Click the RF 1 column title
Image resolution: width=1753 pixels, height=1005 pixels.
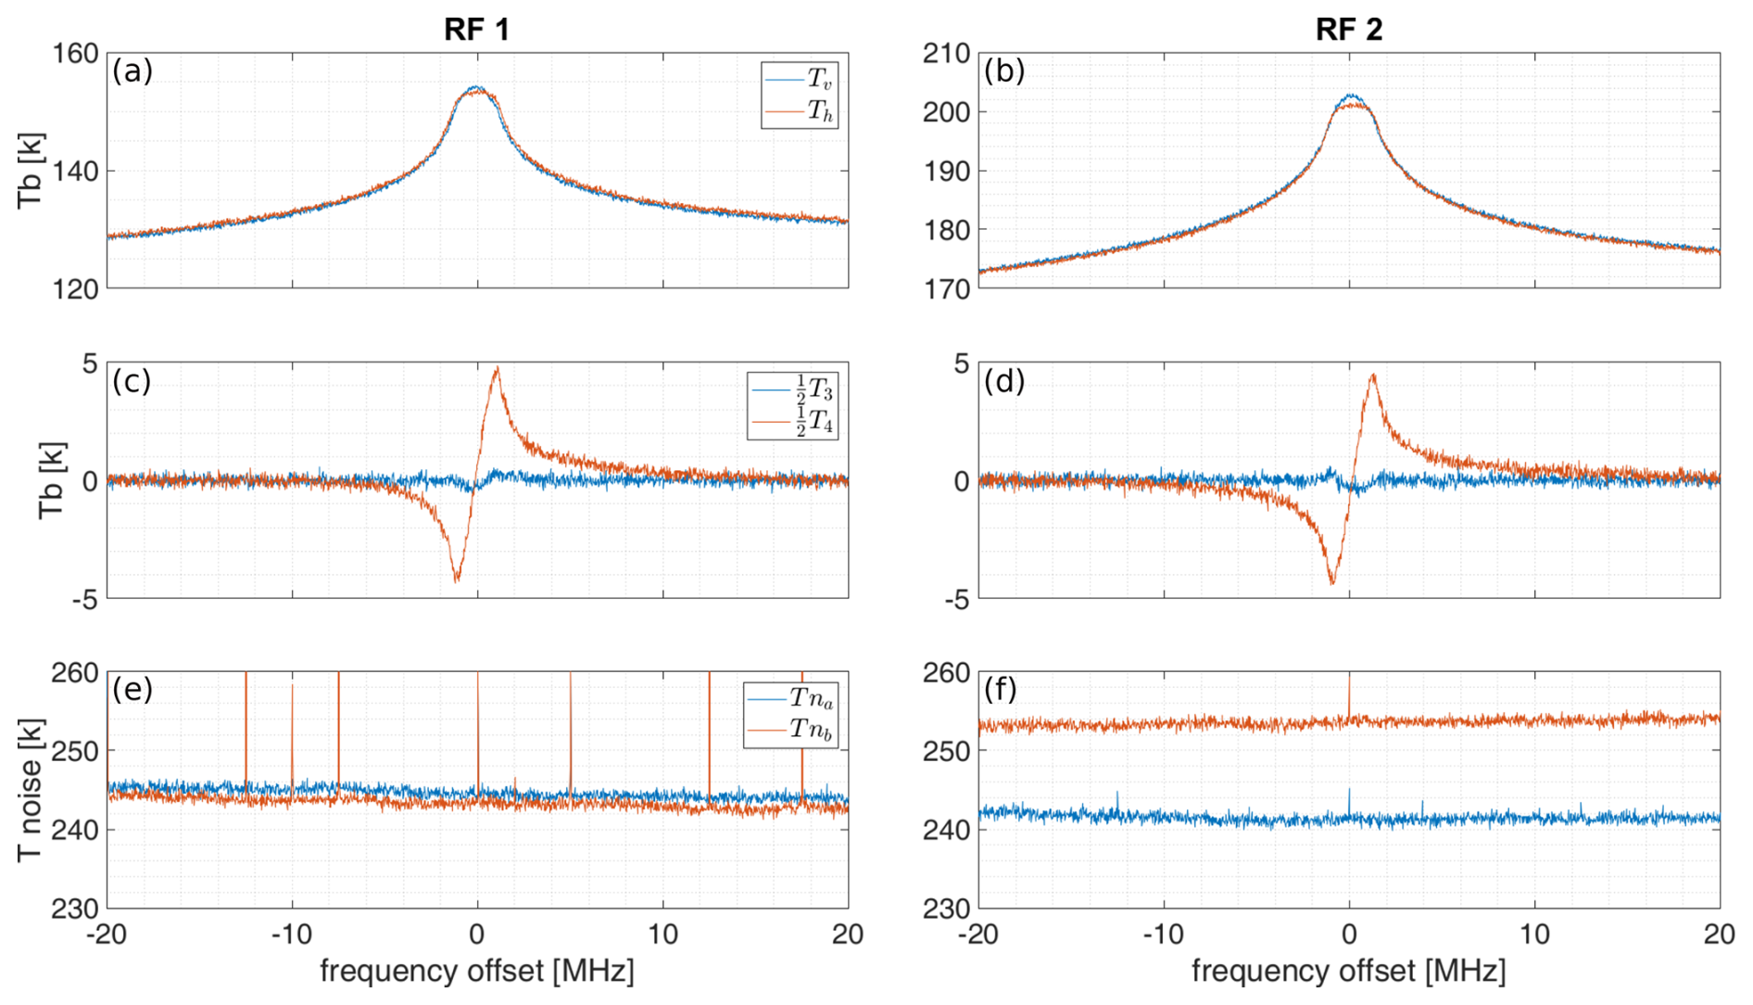[476, 29]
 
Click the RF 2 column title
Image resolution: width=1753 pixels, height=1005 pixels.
[1348, 29]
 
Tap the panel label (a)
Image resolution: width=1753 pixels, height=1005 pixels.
[132, 70]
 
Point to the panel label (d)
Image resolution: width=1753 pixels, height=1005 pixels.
[1004, 380]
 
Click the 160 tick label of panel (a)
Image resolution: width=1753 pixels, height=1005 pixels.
[75, 54]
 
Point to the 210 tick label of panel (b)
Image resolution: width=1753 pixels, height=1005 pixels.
[946, 54]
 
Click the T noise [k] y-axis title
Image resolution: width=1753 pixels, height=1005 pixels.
[31, 790]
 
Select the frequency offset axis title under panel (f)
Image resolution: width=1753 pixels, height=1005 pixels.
[1348, 971]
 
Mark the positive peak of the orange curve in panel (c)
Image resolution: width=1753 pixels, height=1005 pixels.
[498, 368]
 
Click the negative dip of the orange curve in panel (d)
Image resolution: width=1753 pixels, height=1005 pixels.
[1332, 582]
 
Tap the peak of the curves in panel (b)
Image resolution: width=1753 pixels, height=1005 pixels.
[1351, 96]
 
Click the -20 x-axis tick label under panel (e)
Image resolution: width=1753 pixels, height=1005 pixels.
[106, 934]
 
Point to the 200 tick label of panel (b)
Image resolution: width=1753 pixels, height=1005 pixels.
[946, 112]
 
